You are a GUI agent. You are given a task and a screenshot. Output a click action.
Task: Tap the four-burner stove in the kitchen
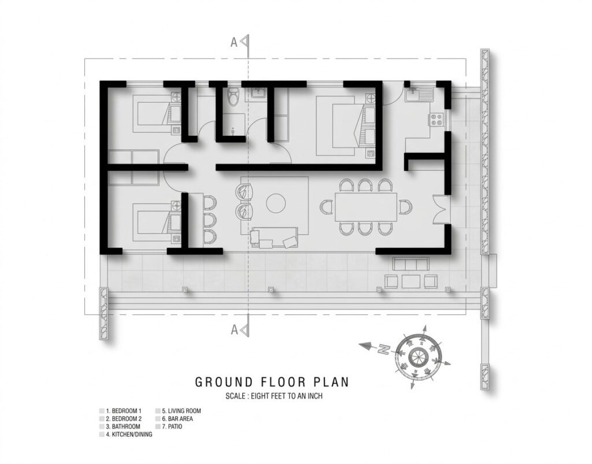pyautogui.click(x=437, y=120)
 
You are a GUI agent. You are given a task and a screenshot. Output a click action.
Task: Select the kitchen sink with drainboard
pyautogui.click(x=420, y=94)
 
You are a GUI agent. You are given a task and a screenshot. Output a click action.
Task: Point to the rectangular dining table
pyautogui.click(x=366, y=207)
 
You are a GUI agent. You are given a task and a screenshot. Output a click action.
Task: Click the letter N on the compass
pyautogui.click(x=384, y=349)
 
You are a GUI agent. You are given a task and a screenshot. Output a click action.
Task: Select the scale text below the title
pyautogui.click(x=273, y=396)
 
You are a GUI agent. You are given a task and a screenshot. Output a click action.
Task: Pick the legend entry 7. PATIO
pyautogui.click(x=172, y=426)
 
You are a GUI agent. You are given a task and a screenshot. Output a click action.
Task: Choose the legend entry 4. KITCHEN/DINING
pyautogui.click(x=129, y=435)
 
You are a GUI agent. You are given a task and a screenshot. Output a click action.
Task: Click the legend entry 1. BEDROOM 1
pyautogui.click(x=124, y=411)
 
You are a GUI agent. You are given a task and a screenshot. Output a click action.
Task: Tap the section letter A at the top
pyautogui.click(x=234, y=43)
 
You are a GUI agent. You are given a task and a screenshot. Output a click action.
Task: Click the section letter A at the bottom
pyautogui.click(x=234, y=330)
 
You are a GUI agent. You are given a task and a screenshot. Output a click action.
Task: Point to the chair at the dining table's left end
pyautogui.click(x=327, y=207)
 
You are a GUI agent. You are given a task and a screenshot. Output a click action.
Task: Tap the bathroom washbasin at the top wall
pyautogui.click(x=258, y=93)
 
